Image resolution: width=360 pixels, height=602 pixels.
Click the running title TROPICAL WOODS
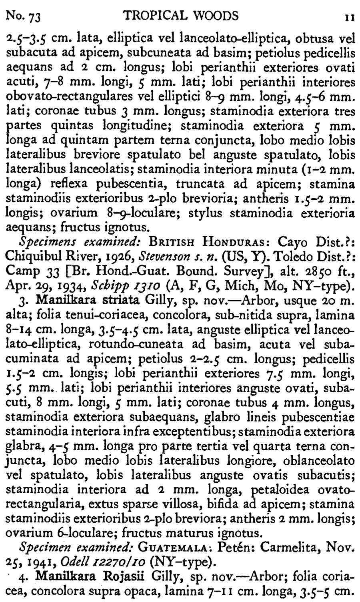(181, 16)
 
